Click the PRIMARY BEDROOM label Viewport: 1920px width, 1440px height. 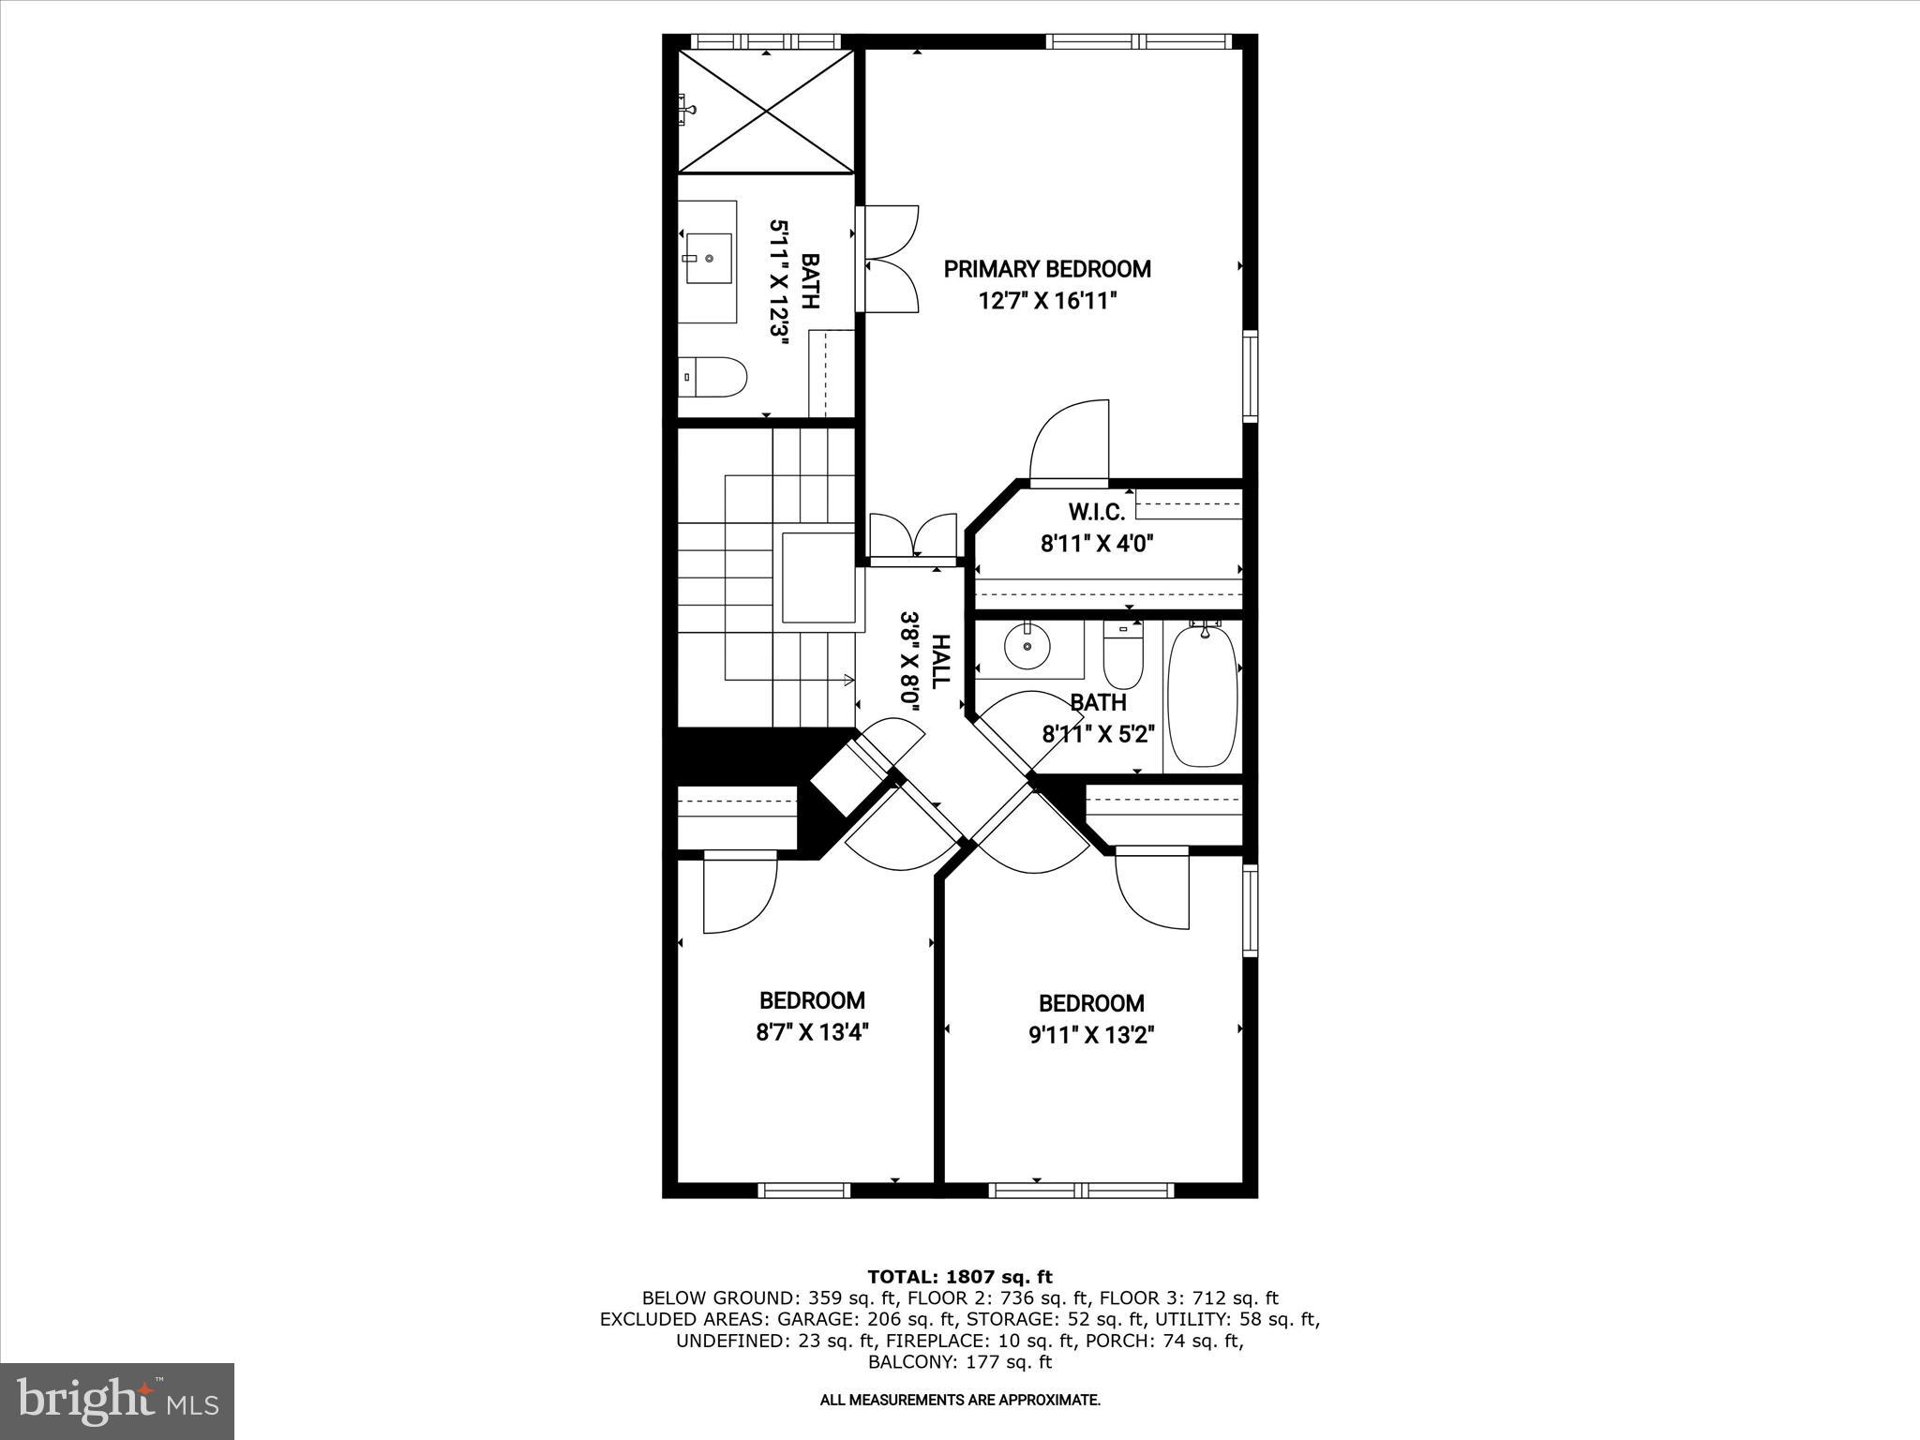1047,269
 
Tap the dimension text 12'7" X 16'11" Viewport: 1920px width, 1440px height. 1047,301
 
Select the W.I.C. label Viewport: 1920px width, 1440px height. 1096,512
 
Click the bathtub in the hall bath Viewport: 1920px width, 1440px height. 1202,697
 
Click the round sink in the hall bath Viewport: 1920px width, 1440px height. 1027,646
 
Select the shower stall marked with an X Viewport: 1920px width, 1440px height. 766,112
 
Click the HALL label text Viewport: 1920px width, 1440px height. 939,661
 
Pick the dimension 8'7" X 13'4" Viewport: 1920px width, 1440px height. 813,1032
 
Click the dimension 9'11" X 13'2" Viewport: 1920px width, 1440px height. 1091,1035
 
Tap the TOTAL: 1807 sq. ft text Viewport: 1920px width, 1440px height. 960,1277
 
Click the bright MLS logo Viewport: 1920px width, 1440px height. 117,1401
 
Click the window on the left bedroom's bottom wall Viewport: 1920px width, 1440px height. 803,1191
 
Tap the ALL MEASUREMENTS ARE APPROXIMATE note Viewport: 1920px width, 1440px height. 960,1426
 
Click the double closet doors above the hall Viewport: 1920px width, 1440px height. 912,539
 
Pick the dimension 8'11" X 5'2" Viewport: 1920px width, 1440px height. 1098,733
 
